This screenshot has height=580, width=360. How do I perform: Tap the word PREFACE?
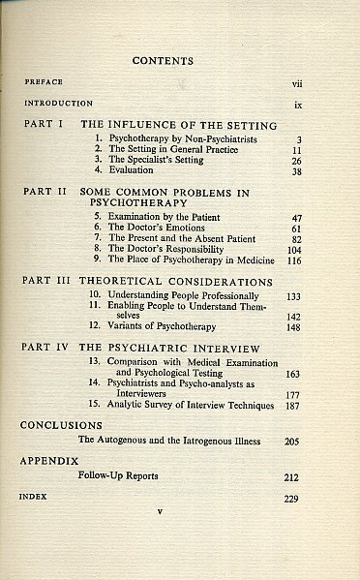point(45,83)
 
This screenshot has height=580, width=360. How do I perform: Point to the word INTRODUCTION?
point(59,103)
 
